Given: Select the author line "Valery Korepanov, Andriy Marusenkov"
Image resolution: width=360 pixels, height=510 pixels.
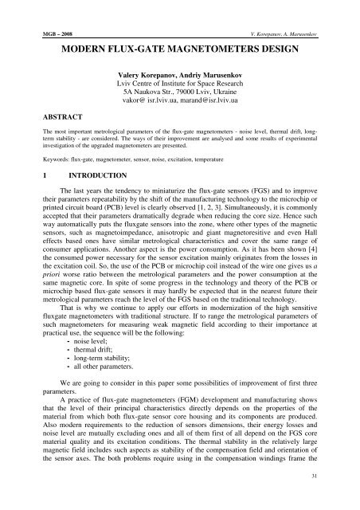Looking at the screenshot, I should click(x=179, y=76).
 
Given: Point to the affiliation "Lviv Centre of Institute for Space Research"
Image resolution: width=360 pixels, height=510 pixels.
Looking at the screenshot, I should click(x=179, y=85).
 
